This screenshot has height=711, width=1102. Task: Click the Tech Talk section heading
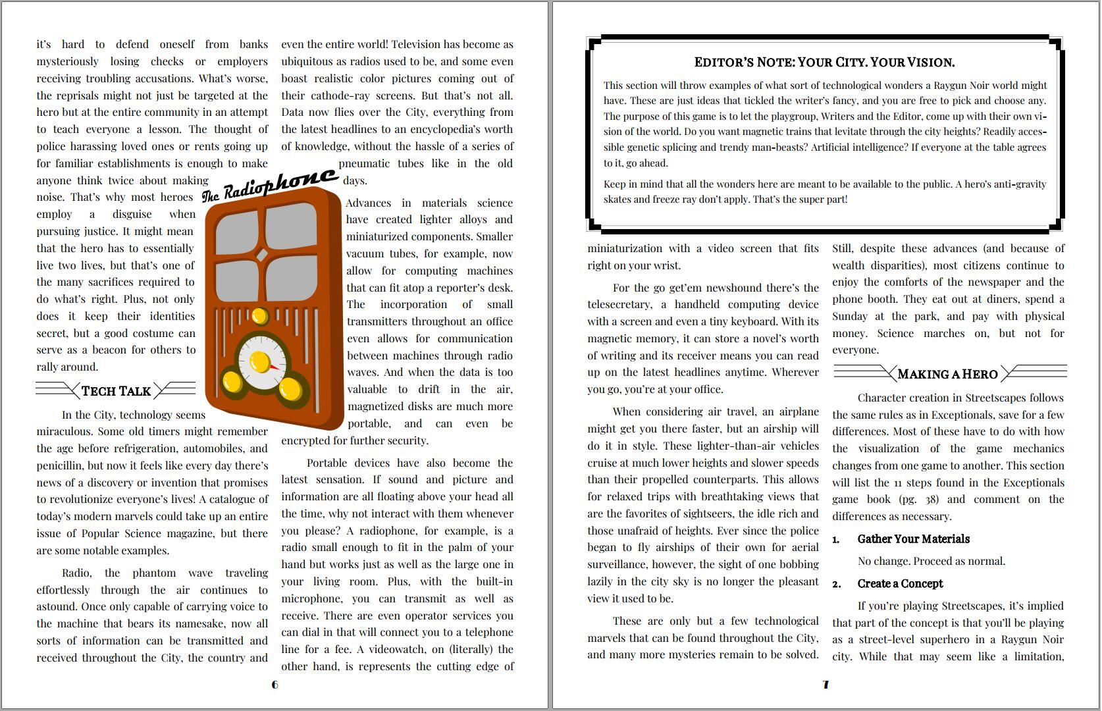click(x=116, y=391)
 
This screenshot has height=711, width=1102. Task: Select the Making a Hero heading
click(x=947, y=374)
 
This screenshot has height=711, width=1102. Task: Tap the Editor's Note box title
click(x=824, y=62)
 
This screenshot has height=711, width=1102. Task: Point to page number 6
click(x=275, y=685)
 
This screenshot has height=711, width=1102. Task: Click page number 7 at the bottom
click(x=826, y=685)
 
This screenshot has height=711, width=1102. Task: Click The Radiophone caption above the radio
click(x=269, y=184)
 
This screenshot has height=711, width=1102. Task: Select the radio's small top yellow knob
click(x=259, y=317)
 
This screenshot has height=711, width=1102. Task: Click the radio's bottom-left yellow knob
click(x=232, y=382)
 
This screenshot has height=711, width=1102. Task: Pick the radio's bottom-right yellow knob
click(x=290, y=388)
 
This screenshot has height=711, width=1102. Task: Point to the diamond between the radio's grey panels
click(x=261, y=255)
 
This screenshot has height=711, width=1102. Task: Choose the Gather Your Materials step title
click(x=913, y=539)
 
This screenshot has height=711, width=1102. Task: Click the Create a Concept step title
click(x=900, y=583)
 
